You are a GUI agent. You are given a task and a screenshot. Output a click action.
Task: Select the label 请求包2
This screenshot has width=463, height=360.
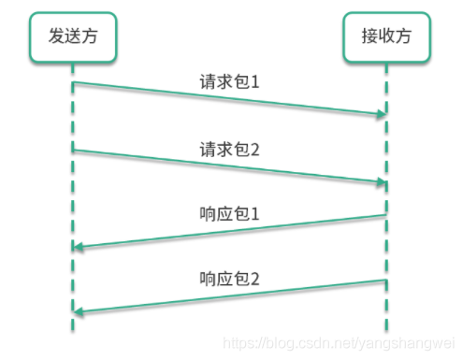point(229,149)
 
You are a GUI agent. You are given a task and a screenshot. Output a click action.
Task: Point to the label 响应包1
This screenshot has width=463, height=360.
point(229,214)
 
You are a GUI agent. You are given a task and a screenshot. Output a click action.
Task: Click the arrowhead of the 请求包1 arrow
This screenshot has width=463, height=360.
point(382,114)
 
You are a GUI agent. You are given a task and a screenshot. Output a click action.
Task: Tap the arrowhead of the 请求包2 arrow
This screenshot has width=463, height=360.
point(382,181)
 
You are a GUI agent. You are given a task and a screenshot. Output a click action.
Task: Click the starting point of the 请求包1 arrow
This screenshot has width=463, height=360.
point(73,83)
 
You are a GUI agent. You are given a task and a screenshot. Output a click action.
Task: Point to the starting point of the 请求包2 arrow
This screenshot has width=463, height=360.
point(73,150)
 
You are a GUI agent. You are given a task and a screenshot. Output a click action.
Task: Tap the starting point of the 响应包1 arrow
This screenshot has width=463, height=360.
point(385,215)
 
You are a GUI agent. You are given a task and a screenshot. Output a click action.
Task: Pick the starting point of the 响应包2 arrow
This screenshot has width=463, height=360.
point(385,281)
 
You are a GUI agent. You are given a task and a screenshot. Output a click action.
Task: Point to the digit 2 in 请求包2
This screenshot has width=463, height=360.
point(254,149)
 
